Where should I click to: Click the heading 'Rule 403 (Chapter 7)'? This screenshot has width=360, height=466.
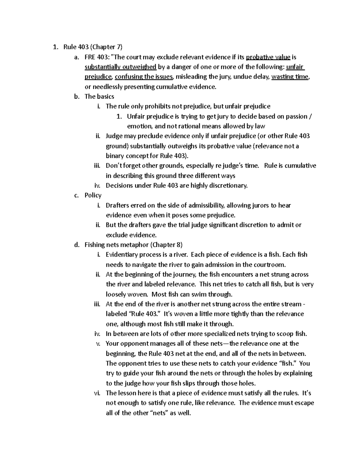tap(93, 47)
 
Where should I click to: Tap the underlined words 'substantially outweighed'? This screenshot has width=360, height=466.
tap(120, 67)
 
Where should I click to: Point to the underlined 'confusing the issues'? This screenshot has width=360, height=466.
tap(144, 77)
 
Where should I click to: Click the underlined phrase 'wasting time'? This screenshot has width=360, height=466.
tap(290, 77)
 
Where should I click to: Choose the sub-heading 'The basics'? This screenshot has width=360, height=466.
tap(99, 96)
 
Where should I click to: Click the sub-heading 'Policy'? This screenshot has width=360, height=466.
tap(93, 195)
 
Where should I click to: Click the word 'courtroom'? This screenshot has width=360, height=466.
tap(269, 264)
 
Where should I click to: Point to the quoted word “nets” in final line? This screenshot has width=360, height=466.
tap(158, 413)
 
